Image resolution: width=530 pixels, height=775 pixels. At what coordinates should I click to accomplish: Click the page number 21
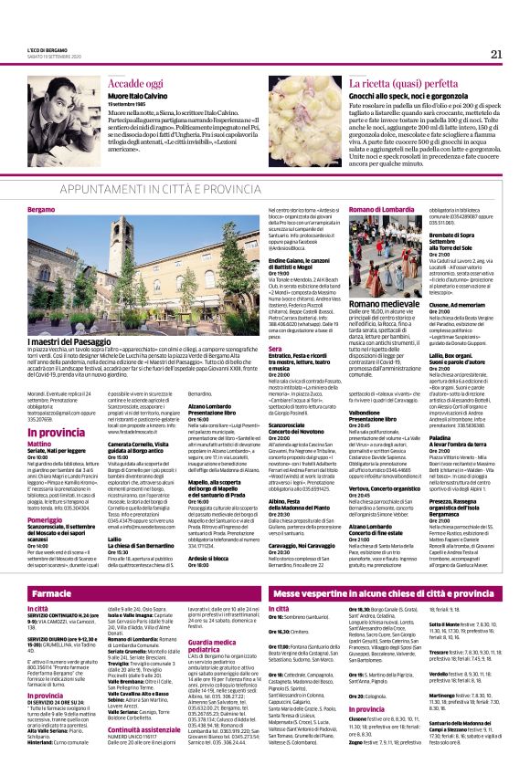[x=495, y=54]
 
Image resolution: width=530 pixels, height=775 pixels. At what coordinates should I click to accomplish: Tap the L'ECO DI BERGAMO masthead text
[x=43, y=50]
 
